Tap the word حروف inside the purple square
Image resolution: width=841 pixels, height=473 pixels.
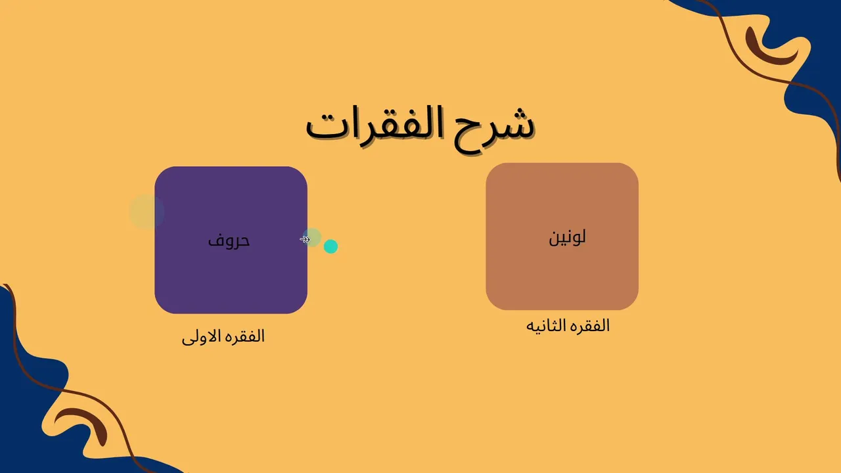(x=229, y=240)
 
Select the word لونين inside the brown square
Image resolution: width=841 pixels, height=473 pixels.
(x=567, y=237)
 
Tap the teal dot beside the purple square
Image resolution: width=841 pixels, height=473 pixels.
(x=330, y=246)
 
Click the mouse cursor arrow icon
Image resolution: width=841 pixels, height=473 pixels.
(x=305, y=239)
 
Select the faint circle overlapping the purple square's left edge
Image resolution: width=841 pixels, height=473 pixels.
(x=147, y=212)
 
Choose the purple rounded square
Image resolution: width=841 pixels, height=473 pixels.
(x=231, y=240)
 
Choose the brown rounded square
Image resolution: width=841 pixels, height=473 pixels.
(x=562, y=236)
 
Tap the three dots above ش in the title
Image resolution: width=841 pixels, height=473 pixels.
(x=518, y=112)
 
